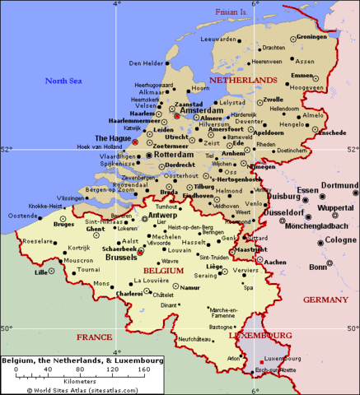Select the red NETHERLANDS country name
pos(243,80)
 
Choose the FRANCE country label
pos(94,337)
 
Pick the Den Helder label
pos(146,63)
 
